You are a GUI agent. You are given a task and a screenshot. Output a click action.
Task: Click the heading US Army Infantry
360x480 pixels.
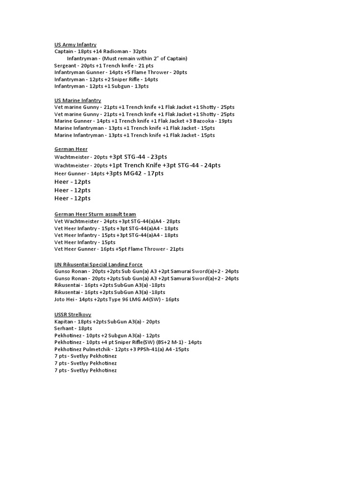point(75,45)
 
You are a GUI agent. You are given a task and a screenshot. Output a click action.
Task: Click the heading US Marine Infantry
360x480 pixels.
point(77,100)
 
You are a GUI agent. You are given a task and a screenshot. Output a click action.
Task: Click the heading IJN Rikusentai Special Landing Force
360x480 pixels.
point(98,264)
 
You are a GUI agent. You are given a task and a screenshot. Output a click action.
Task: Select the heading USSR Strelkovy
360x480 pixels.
point(73,315)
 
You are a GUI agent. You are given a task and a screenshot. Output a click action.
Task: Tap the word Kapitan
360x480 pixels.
point(64,322)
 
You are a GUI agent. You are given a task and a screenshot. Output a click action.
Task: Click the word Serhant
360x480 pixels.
point(64,329)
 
